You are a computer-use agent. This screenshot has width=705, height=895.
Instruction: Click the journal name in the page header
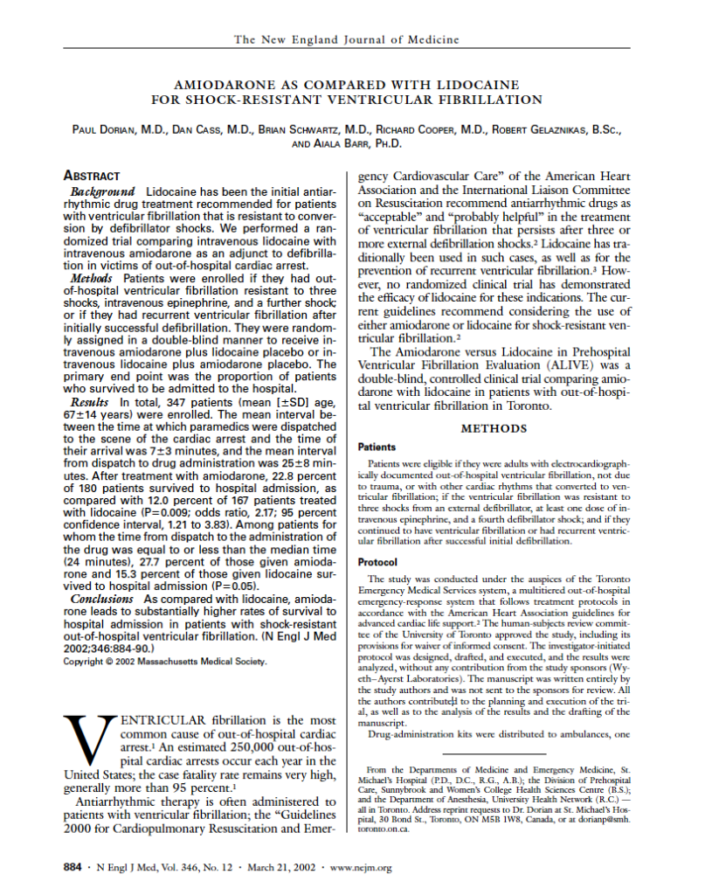347,39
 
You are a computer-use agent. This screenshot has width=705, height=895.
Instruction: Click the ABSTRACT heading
92,176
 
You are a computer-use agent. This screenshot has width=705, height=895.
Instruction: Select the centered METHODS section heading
494,428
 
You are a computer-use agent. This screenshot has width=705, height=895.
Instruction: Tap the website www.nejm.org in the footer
358,867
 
